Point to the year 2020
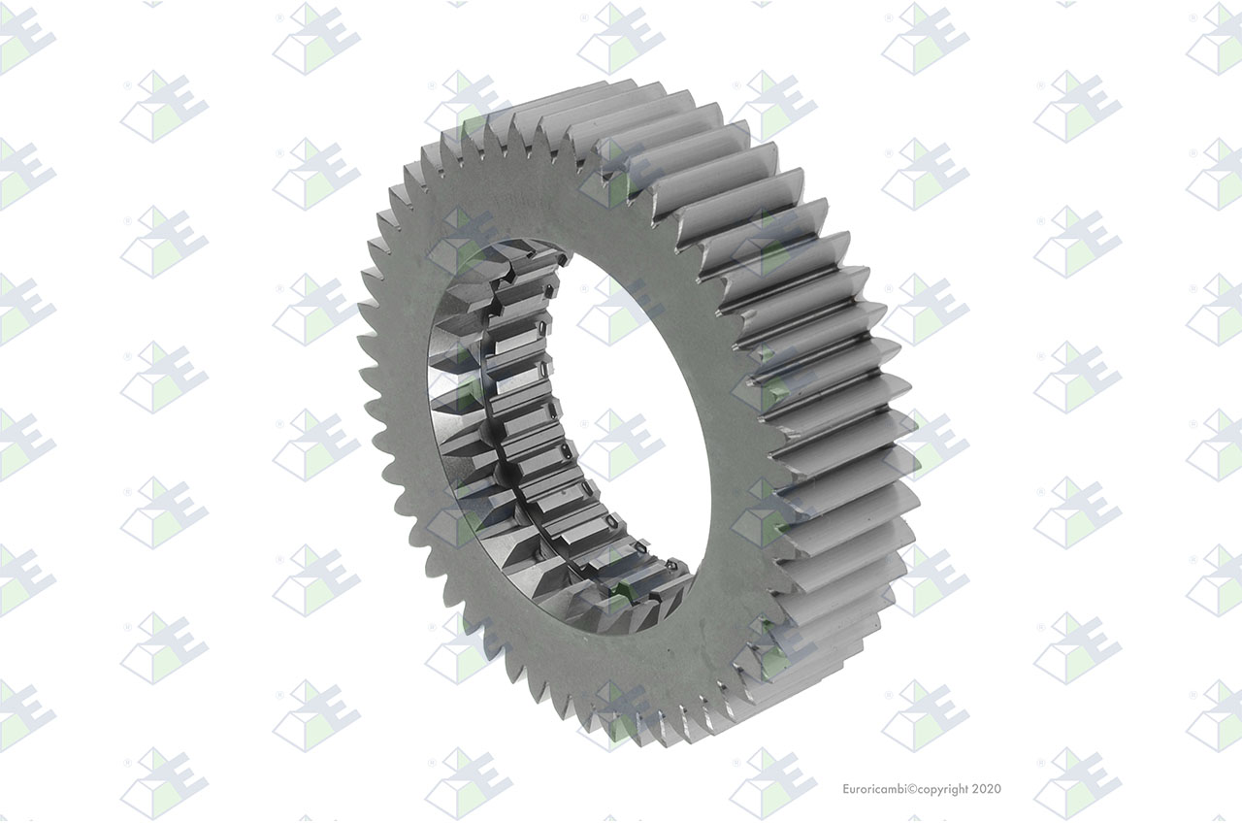[x=987, y=789]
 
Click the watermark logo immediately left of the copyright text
[x=773, y=783]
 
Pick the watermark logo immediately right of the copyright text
[x=1078, y=783]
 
